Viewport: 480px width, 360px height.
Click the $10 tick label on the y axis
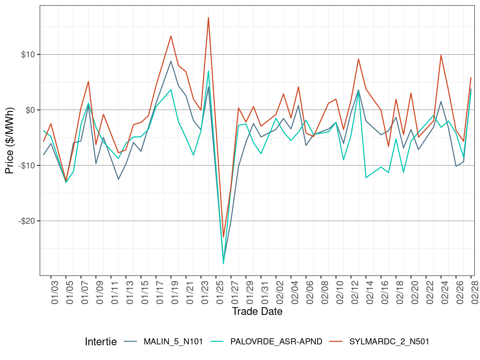(x=28, y=55)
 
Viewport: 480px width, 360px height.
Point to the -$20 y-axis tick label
(x=27, y=221)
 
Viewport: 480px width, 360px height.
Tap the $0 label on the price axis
(x=30, y=110)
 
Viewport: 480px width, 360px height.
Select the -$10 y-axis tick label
(x=27, y=166)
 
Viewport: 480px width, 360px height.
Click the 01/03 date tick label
(x=55, y=292)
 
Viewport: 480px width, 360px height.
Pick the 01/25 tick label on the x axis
(x=220, y=292)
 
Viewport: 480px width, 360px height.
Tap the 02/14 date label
(x=370, y=292)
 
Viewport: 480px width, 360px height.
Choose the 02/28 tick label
(x=475, y=292)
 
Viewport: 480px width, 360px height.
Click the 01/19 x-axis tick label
(x=175, y=292)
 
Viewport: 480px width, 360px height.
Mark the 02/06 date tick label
(x=310, y=292)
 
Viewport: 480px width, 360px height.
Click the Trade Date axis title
(x=257, y=311)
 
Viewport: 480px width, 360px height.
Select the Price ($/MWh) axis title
(x=9, y=141)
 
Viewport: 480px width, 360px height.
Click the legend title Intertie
(x=101, y=342)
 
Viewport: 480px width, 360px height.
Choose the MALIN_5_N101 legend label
(x=173, y=342)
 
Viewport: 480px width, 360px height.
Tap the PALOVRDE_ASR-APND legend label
(x=276, y=342)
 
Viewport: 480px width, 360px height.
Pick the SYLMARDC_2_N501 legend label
(x=389, y=342)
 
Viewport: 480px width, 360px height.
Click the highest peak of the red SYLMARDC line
(x=209, y=17)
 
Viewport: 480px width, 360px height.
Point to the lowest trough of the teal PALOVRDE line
(x=224, y=264)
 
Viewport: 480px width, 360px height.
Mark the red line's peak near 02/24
(x=441, y=55)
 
